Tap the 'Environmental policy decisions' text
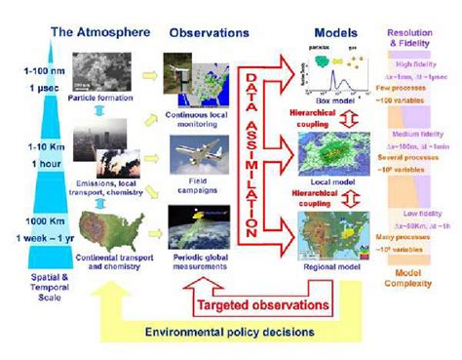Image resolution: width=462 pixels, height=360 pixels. coord(230,333)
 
